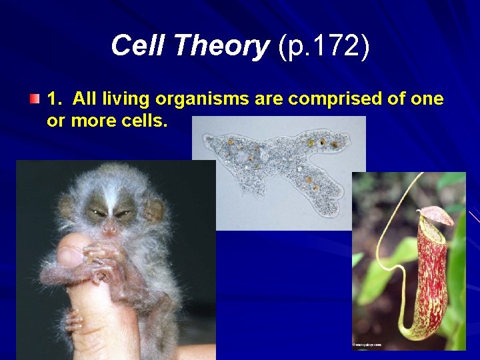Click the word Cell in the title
tap(133, 46)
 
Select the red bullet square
tap(35, 99)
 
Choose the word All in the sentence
tap(86, 99)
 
